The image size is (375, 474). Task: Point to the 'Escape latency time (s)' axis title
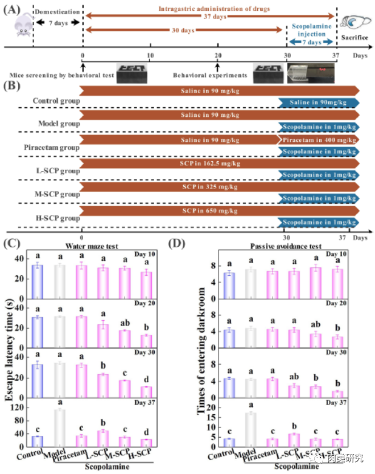tap(9, 338)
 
